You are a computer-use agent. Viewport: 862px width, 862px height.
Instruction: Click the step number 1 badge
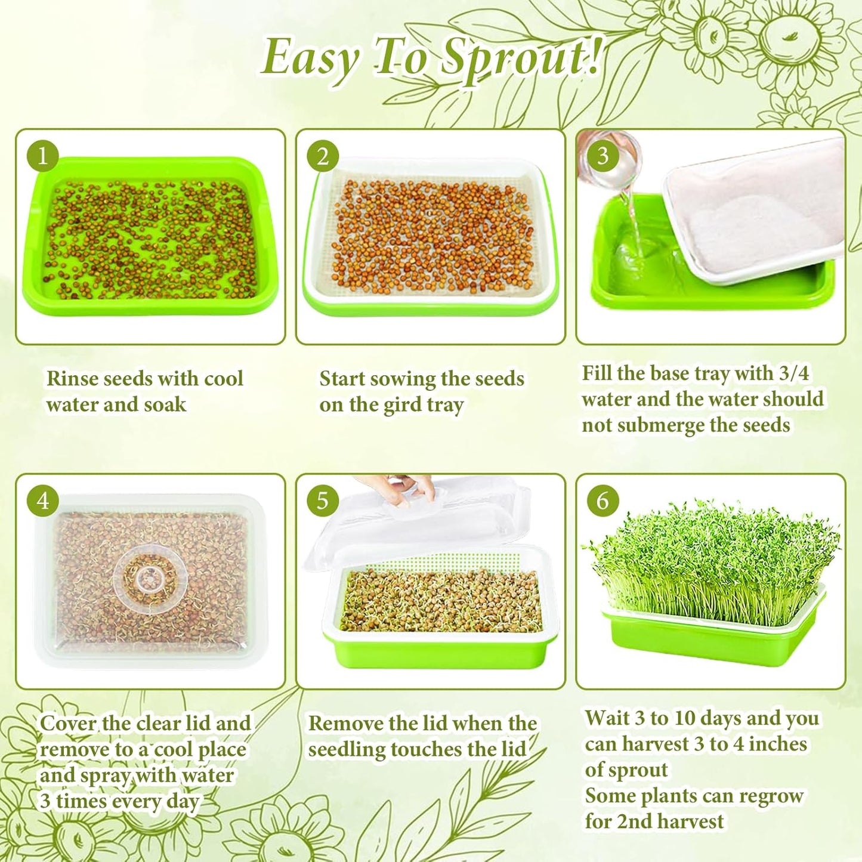(x=42, y=156)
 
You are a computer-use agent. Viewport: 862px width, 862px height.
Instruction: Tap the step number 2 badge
(x=323, y=156)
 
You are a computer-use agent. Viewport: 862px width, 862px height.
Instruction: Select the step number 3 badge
(x=603, y=156)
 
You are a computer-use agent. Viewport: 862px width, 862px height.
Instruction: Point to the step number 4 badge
(x=42, y=500)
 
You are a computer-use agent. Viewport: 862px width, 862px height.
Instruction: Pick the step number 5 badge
(x=323, y=500)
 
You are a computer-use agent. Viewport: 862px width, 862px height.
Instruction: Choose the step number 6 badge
(x=603, y=500)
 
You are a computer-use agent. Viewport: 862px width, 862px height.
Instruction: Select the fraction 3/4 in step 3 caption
(x=794, y=373)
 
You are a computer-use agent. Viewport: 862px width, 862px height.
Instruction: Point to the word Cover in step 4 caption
(x=68, y=724)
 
